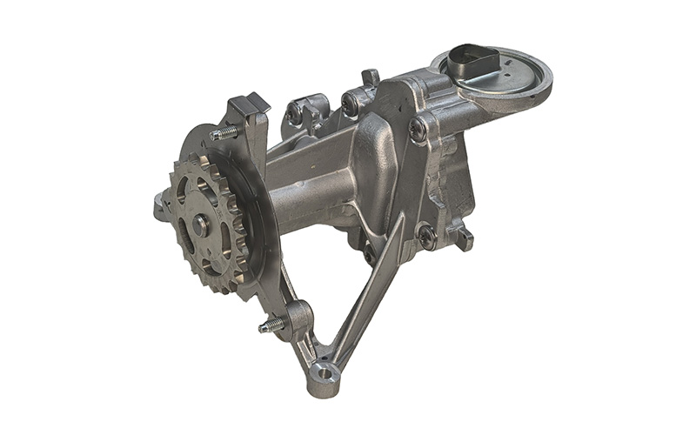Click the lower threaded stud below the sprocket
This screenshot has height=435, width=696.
272,326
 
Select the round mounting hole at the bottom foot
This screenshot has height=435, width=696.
324,375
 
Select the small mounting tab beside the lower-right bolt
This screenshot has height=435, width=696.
465,237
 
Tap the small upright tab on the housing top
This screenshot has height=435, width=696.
370,77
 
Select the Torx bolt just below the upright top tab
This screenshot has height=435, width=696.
352,104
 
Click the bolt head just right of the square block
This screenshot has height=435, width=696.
297,113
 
